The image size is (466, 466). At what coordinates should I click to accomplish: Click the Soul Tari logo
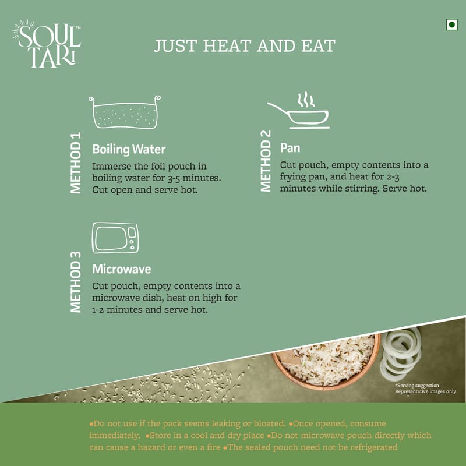pos(47,44)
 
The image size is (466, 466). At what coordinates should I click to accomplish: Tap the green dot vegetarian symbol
pos(451,24)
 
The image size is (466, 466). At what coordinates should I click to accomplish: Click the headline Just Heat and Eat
pos(244,46)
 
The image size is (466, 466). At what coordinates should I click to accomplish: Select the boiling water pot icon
pos(125,112)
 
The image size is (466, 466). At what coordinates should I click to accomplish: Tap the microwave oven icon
pos(115,238)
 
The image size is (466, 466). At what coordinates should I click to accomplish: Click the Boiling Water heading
pos(129,149)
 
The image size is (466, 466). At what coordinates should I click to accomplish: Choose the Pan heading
pos(290,148)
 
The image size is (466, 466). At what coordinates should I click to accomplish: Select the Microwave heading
pos(122,269)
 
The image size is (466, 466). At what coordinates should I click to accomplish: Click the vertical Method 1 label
pos(76,163)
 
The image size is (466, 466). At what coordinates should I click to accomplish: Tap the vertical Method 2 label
pos(266,161)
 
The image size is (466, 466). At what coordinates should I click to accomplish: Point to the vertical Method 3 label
pos(76,282)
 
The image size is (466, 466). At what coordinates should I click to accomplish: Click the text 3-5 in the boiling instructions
pos(174,178)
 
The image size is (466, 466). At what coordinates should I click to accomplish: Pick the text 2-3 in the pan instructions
pos(393,177)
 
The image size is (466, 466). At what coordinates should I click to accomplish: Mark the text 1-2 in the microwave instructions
pos(98,310)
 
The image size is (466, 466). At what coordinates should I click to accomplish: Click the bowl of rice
pos(326,362)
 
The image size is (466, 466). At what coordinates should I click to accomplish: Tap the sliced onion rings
pos(401,353)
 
